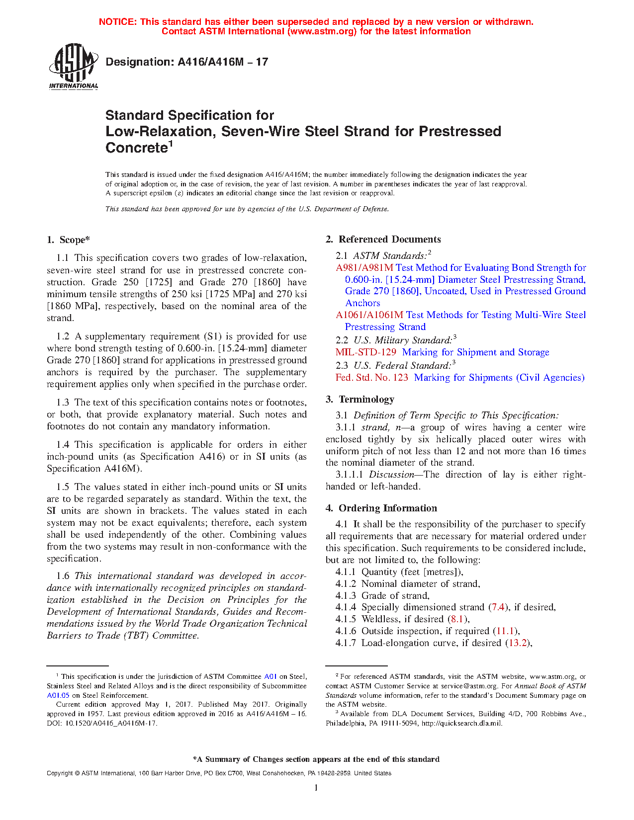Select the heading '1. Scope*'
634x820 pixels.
[x=68, y=240]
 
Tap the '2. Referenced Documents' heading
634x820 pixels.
[x=383, y=240]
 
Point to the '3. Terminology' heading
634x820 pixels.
[x=360, y=400]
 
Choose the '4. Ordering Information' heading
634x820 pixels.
[x=381, y=508]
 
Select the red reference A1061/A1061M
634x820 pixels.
[x=369, y=315]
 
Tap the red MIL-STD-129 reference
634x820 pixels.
[x=365, y=352]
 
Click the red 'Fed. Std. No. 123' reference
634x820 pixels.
[x=371, y=378]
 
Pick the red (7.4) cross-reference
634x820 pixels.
[x=498, y=607]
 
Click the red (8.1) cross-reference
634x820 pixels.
[x=458, y=619]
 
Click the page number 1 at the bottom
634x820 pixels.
[x=316, y=788]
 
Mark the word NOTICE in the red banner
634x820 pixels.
[x=117, y=22]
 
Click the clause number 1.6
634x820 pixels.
[x=63, y=576]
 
